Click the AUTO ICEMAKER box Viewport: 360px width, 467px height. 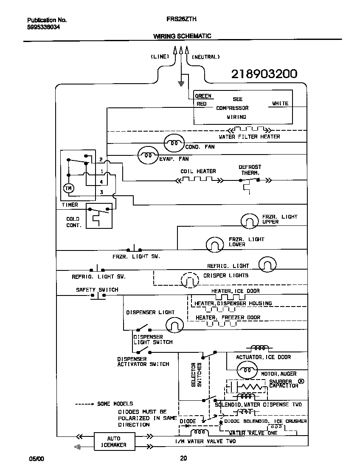pyautogui.click(x=114, y=442)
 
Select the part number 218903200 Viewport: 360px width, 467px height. pyautogui.click(x=264, y=74)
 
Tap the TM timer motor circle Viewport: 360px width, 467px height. pyautogui.click(x=68, y=188)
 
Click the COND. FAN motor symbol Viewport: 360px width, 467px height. pyautogui.click(x=174, y=143)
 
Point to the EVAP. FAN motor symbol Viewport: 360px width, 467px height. pyautogui.click(x=147, y=156)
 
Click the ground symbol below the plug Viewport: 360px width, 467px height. pyautogui.click(x=181, y=82)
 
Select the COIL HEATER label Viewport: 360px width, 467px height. pyautogui.click(x=198, y=171)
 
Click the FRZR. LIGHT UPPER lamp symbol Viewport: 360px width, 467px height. pyautogui.click(x=249, y=221)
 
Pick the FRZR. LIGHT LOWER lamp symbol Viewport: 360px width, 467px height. pyautogui.click(x=215, y=244)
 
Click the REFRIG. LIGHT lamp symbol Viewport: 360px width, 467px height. pyautogui.click(x=267, y=265)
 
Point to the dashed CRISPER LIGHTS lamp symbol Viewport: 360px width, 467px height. pyautogui.click(x=190, y=280)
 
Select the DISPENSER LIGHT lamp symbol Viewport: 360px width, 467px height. pyautogui.click(x=174, y=325)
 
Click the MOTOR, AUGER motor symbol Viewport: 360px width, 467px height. pyautogui.click(x=247, y=371)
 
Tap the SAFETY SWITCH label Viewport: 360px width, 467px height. pyautogui.click(x=97, y=290)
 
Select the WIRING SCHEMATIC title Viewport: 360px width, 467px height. pyautogui.click(x=182, y=36)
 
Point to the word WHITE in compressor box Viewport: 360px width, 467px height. pyautogui.click(x=280, y=103)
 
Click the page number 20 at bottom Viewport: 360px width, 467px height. pyautogui.click(x=183, y=458)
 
